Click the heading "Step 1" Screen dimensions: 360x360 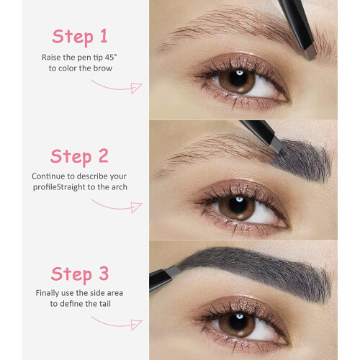(80, 37)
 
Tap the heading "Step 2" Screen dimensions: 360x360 (79, 156)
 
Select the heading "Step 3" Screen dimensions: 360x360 (80, 274)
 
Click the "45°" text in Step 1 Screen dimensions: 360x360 (111, 57)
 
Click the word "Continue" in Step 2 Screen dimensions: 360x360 (48, 176)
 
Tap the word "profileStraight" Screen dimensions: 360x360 (59, 187)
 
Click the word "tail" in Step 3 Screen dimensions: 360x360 (105, 304)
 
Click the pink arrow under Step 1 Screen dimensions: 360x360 (117, 88)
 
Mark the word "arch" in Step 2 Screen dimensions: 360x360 (120, 187)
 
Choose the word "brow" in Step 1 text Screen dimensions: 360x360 (103, 68)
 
